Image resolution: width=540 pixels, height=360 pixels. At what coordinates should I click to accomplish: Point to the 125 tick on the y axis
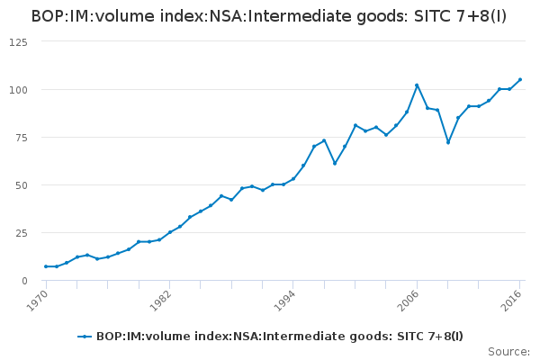point(17,42)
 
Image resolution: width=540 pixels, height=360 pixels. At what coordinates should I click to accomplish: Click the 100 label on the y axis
point(17,90)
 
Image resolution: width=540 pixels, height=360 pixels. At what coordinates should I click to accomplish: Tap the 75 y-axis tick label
point(20,138)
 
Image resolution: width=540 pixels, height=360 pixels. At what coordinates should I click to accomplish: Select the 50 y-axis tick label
point(20,185)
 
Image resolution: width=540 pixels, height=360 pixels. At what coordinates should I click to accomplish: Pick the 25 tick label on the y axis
point(20,233)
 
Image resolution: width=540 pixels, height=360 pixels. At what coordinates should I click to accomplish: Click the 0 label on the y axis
point(23,281)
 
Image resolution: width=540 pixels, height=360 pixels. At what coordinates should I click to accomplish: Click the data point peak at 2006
point(417,85)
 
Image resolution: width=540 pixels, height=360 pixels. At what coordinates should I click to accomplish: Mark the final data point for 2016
point(520,80)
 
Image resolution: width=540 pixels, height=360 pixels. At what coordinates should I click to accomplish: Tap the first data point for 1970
point(46,266)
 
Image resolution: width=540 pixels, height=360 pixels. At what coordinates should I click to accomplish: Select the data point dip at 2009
point(448,142)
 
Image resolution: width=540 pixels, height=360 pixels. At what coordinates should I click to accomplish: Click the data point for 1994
point(293,179)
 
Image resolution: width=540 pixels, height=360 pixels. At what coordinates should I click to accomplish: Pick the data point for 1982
point(170,232)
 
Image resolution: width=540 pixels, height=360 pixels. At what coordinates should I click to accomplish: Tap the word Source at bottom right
point(508,352)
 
